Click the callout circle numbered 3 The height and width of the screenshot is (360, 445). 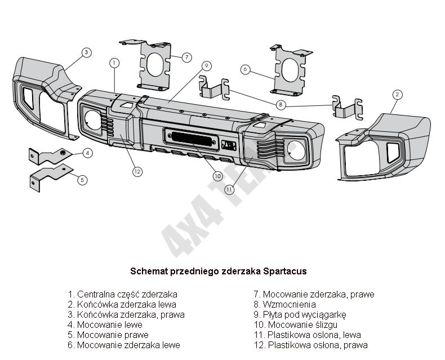click(86, 52)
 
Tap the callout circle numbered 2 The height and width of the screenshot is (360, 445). click(397, 94)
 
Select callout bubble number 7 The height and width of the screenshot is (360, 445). click(187, 57)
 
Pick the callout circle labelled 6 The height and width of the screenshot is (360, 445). click(245, 69)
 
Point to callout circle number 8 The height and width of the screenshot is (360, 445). click(281, 104)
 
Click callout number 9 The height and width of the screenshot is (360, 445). click(207, 65)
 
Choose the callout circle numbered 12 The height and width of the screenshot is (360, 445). click(137, 171)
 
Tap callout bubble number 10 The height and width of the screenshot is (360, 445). click(218, 176)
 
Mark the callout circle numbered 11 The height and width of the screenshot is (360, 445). click(229, 190)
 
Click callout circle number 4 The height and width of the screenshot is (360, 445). click(88, 153)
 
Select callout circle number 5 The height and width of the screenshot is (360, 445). click(82, 180)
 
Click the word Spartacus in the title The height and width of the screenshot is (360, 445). click(284, 271)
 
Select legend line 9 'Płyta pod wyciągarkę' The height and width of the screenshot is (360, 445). click(299, 314)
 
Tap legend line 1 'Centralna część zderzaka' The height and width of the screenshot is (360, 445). click(122, 294)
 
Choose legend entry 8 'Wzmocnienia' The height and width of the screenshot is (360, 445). click(284, 304)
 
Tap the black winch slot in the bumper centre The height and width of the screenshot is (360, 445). click(191, 136)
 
